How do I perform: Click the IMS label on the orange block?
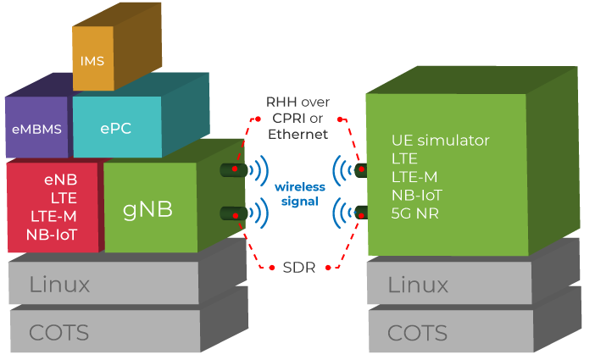point(92,62)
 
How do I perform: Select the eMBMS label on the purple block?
point(36,130)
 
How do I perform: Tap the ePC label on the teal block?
point(116,129)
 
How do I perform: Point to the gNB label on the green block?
point(147,209)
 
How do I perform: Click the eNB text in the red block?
point(61,180)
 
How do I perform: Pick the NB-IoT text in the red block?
point(52,235)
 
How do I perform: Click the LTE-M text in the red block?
point(53,216)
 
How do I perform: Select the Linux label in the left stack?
point(59,285)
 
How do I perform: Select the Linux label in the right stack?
point(418,285)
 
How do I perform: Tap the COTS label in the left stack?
point(58,333)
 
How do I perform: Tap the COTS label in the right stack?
point(417,333)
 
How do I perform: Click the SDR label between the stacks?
point(297,267)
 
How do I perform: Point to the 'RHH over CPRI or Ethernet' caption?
point(297,118)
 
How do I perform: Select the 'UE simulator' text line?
point(440,140)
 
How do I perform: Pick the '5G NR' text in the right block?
point(414,213)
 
